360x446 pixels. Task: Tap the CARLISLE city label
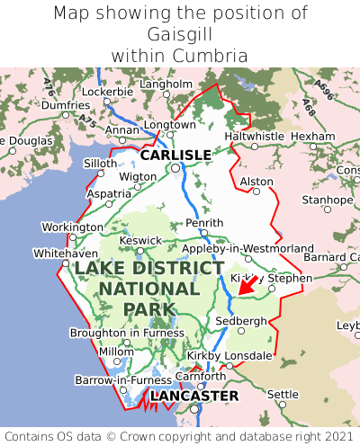pyautogui.click(x=175, y=155)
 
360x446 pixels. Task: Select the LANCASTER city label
pyautogui.click(x=194, y=396)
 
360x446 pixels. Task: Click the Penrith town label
pyautogui.click(x=203, y=222)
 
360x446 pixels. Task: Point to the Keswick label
pyautogui.click(x=141, y=240)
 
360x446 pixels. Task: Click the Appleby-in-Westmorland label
pyautogui.click(x=247, y=248)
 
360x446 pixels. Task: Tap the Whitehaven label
pyautogui.click(x=65, y=254)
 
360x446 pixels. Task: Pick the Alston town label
pyautogui.click(x=256, y=182)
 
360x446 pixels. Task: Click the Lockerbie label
pyautogui.click(x=107, y=92)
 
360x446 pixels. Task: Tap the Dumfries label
pyautogui.click(x=66, y=105)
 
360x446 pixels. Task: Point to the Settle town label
pyautogui.click(x=283, y=394)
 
